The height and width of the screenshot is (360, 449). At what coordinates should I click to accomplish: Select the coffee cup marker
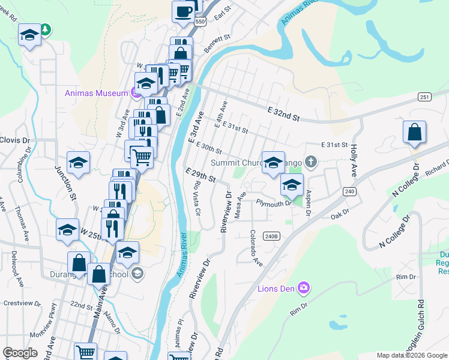click(x=183, y=11)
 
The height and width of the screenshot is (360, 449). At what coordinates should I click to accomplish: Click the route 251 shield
click(x=424, y=97)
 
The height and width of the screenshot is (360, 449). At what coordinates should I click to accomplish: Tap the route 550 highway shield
click(x=200, y=21)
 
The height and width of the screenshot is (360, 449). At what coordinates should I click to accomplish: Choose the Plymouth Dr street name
click(x=274, y=203)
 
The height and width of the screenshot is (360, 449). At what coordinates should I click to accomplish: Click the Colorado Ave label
click(x=256, y=248)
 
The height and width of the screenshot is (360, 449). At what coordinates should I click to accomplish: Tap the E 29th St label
click(x=200, y=175)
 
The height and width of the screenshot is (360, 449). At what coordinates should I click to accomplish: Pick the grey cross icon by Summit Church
click(x=310, y=161)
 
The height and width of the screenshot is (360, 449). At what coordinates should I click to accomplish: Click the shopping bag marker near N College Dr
click(x=414, y=133)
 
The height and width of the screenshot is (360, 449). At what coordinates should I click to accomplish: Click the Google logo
click(x=20, y=353)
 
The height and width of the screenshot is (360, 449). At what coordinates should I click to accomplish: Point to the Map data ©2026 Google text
click(x=412, y=355)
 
